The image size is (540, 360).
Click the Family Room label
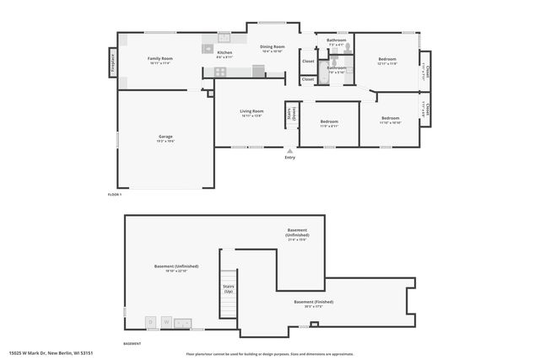[159, 58]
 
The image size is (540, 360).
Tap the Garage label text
[165, 137]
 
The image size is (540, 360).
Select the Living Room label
[251, 111]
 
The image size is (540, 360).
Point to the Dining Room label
[272, 47]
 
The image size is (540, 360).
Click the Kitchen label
[224, 52]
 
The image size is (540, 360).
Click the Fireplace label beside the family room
[111, 62]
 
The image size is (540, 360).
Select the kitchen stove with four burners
[220, 73]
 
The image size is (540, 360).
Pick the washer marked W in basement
[167, 321]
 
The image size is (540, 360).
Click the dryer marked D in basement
[150, 321]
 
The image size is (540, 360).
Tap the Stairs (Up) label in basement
[229, 288]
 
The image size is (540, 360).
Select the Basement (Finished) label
[313, 302]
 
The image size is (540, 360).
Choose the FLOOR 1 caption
[115, 195]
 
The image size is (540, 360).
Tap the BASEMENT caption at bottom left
[132, 344]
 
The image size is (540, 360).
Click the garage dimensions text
[165, 142]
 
